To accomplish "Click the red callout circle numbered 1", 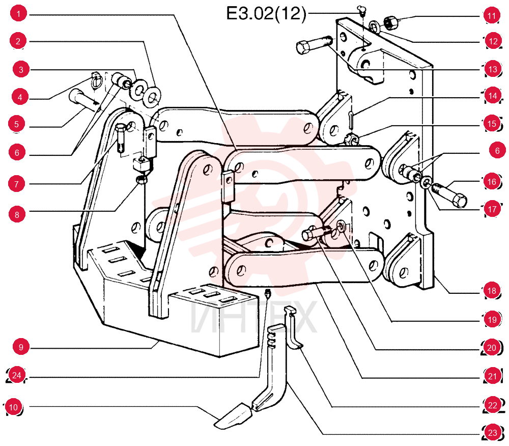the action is pos(18,14).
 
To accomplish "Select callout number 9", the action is pos(21,347).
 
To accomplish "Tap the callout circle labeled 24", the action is pos(17,375).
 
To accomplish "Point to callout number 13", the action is pos(493,69).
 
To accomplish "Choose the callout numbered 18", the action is pos(492,291).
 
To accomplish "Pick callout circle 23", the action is pos(493,432).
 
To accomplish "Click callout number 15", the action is pos(492,123).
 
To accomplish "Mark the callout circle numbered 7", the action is pos(17,184).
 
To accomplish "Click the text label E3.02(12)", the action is pos(266,14).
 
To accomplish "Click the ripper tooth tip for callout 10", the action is pos(233,416).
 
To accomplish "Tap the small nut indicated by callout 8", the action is pos(141,179).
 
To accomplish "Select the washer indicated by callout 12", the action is pos(375,26).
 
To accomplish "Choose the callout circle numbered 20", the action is pos(492,347).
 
